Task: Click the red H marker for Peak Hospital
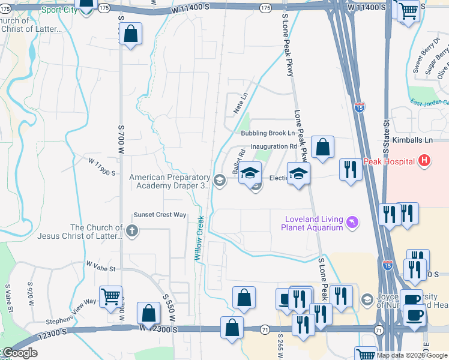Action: [424, 161]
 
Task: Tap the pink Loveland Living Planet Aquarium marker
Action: [352, 223]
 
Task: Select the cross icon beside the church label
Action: [132, 230]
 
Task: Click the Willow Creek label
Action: [199, 238]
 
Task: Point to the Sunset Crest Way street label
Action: [160, 215]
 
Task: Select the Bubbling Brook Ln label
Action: [268, 133]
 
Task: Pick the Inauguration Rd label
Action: [274, 146]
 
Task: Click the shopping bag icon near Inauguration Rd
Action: [322, 149]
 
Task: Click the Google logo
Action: [19, 353]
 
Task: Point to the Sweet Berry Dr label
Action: [426, 55]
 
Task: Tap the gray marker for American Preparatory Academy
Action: [220, 180]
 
